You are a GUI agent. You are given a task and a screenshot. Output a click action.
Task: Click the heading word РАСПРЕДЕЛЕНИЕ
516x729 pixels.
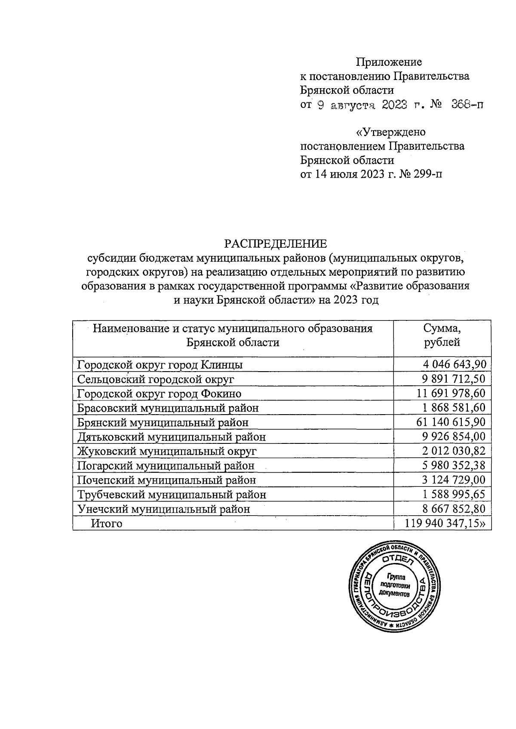pyautogui.click(x=275, y=244)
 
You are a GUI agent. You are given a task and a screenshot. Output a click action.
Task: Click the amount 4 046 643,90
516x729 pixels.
pyautogui.click(x=454, y=365)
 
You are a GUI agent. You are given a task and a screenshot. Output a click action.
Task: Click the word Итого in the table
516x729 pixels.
pyautogui.click(x=106, y=523)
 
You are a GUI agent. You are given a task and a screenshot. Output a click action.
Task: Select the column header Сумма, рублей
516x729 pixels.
pyautogui.click(x=442, y=335)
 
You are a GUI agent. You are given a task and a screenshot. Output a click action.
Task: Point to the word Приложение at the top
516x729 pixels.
pyautogui.click(x=389, y=62)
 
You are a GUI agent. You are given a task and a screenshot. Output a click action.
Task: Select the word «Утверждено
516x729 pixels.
pyautogui.click(x=391, y=132)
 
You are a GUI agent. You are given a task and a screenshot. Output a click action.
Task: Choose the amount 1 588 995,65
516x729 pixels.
pyautogui.click(x=454, y=495)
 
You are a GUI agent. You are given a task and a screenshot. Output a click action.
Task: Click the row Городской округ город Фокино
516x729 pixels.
pyautogui.click(x=159, y=394)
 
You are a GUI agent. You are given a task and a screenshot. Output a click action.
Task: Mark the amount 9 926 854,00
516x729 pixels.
pyautogui.click(x=454, y=437)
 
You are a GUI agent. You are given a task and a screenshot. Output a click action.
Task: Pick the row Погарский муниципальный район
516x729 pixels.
pyautogui.click(x=166, y=466)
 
